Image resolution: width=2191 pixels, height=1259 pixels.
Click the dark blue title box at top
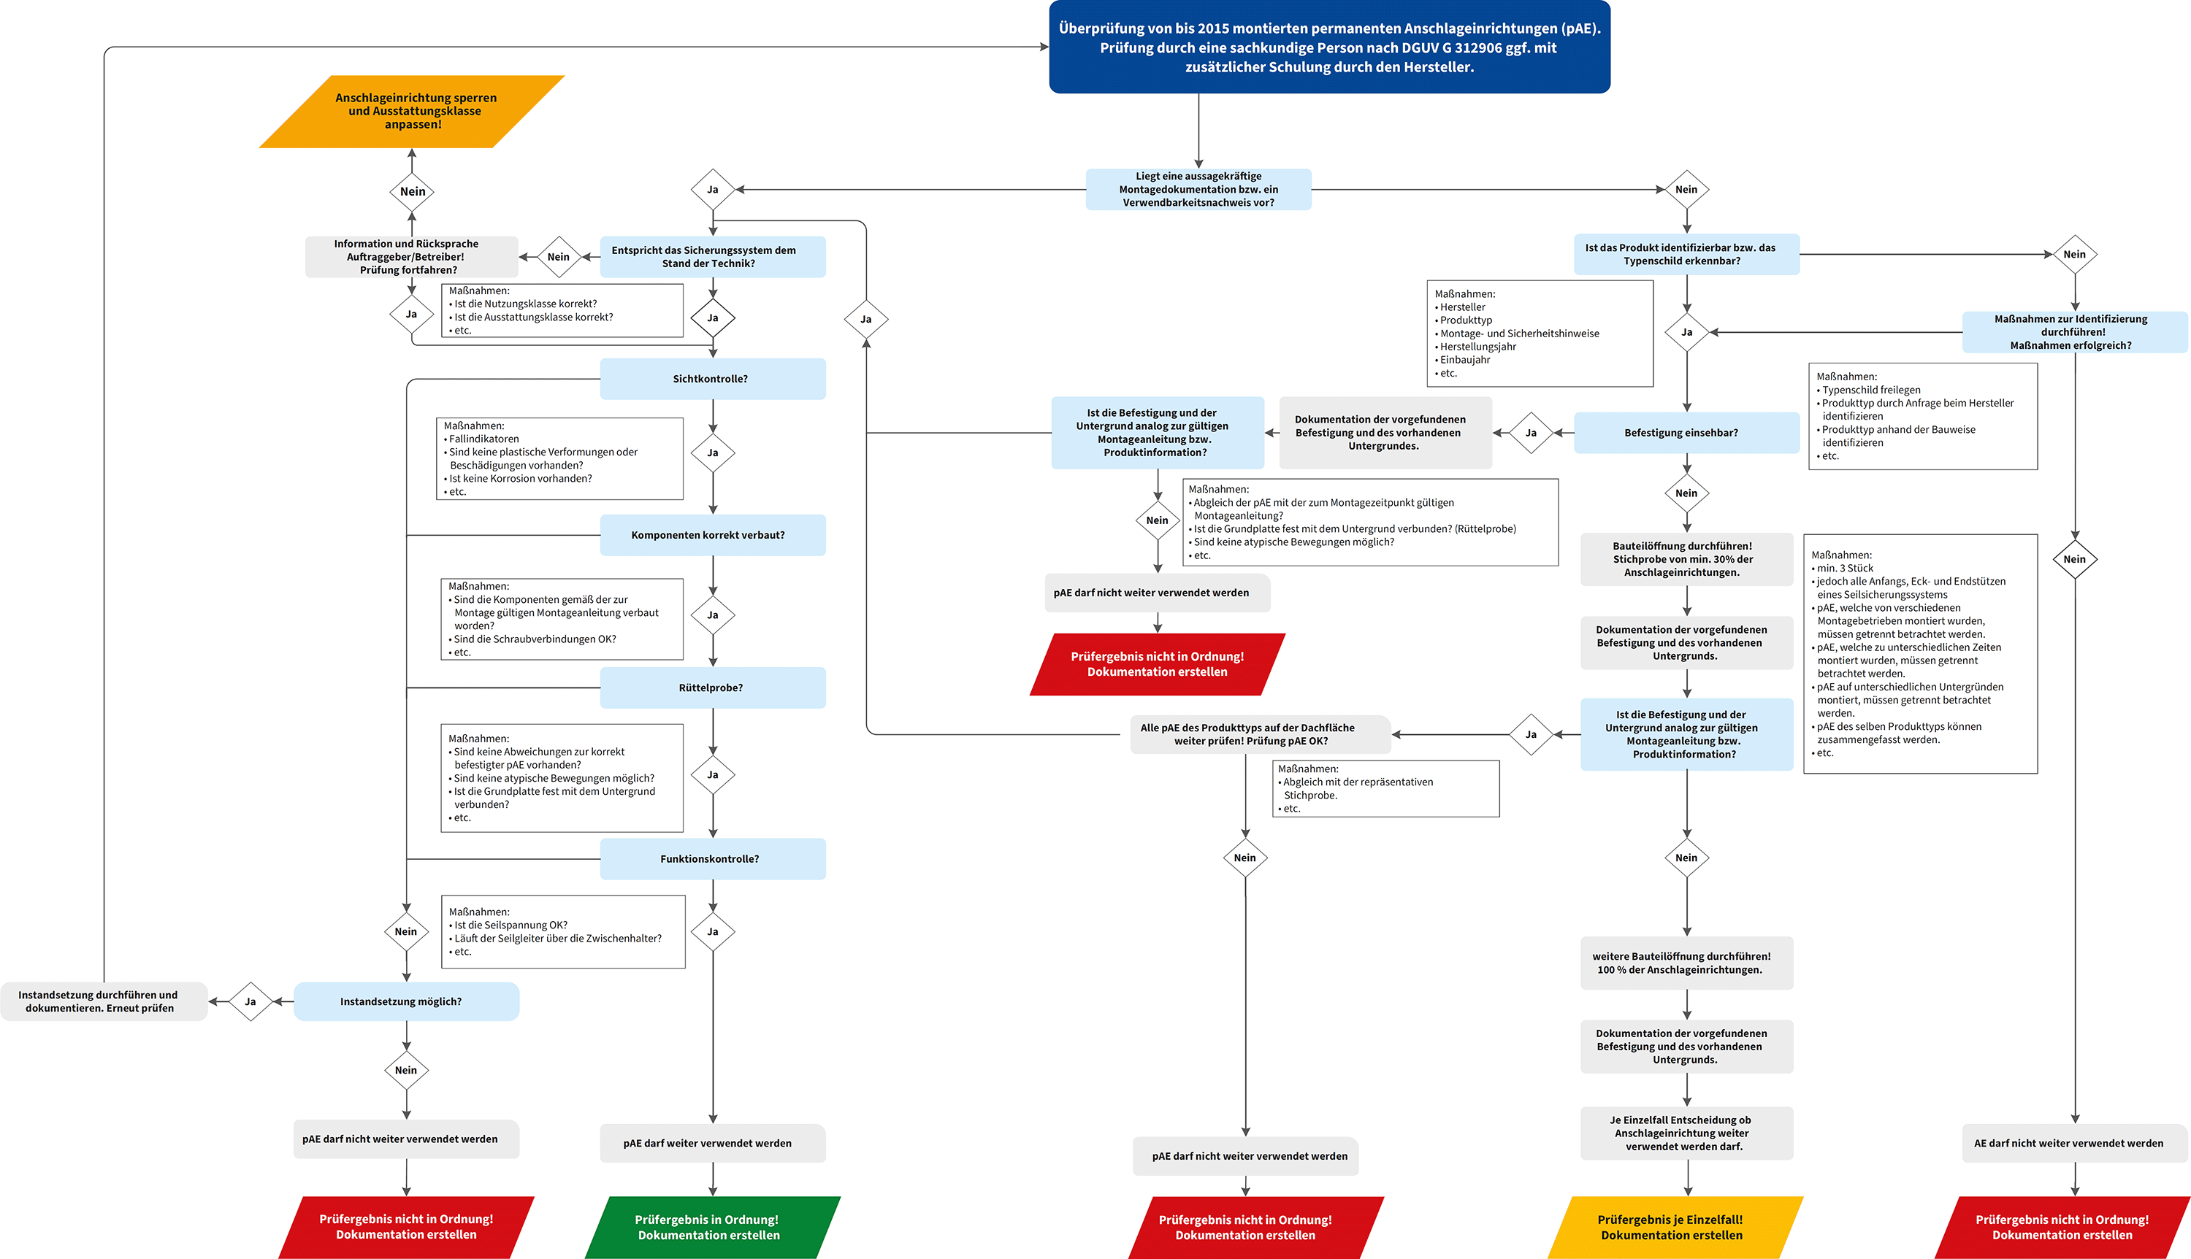[1328, 47]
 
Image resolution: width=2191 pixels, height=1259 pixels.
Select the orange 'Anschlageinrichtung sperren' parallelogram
[413, 112]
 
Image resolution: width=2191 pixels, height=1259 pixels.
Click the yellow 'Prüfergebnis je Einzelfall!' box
[1673, 1227]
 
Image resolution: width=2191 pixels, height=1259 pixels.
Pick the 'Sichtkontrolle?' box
[712, 379]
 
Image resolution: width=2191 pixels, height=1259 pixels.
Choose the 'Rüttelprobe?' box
[712, 688]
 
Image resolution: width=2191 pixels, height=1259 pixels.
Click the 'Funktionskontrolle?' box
[712, 858]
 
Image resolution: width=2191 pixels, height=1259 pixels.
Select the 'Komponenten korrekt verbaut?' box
[712, 535]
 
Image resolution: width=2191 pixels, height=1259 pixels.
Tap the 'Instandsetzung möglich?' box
[405, 1001]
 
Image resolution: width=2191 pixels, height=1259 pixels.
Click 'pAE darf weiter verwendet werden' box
[712, 1143]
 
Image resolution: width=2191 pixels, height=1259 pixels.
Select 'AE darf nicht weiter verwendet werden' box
[2073, 1143]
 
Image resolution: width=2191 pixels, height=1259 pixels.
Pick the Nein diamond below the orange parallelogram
[413, 191]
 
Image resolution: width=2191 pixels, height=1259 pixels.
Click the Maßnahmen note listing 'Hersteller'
[1539, 333]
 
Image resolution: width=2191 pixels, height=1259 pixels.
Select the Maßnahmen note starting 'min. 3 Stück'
[1919, 654]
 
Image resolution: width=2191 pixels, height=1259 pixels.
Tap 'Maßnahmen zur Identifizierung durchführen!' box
[2073, 332]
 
